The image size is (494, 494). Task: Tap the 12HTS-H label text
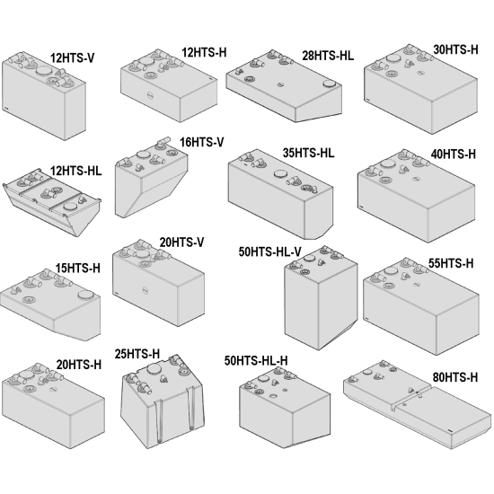coord(205,52)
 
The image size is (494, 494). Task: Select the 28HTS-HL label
coord(328,55)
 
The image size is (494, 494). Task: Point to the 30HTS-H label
coord(455,49)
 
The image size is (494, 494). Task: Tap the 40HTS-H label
coord(453,154)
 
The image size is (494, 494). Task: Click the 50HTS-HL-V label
coord(269,251)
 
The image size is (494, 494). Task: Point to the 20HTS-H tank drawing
coord(49,399)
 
